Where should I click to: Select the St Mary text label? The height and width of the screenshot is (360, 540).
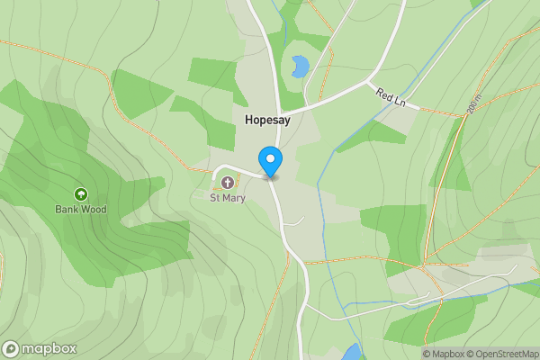[x=227, y=197]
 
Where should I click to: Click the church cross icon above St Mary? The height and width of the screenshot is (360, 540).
[x=227, y=184]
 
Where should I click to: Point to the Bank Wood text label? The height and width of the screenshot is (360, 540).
[x=81, y=210]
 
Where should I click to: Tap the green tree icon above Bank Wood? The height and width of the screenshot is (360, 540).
[x=81, y=194]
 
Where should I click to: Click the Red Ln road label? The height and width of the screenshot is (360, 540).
[x=392, y=96]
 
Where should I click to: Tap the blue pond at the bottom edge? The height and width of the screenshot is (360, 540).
[x=352, y=352]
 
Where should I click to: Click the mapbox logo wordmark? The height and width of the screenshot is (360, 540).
[x=49, y=348]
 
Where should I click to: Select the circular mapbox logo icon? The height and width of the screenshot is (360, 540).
[x=12, y=348]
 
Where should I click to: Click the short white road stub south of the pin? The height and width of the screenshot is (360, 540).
[x=295, y=220]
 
